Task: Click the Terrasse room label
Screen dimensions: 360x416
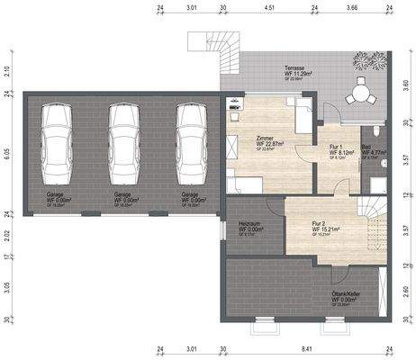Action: click(x=294, y=68)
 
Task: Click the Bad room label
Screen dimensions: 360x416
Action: click(x=366, y=147)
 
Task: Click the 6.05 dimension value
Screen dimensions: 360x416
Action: click(x=6, y=154)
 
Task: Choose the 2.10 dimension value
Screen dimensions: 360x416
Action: click(x=6, y=70)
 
